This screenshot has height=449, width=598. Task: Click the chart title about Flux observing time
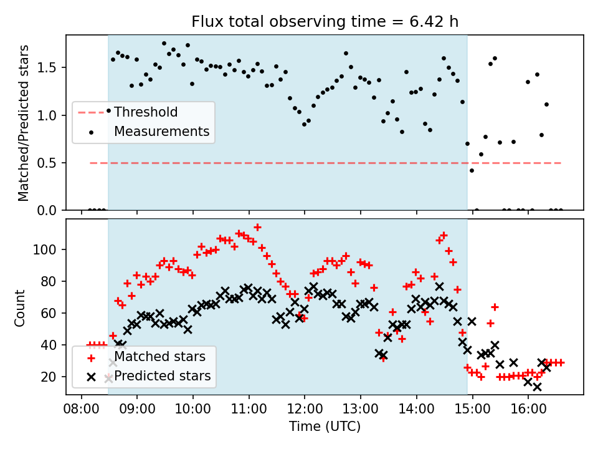(325, 22)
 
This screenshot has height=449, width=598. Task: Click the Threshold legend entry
(145, 112)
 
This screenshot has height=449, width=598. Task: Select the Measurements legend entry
(161, 132)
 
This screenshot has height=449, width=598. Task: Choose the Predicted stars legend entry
(162, 376)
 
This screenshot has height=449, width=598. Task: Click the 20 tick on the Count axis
(53, 377)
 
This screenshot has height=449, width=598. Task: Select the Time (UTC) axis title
(325, 427)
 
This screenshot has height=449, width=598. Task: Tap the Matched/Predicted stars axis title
(24, 123)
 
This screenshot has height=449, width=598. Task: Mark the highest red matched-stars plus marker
(257, 227)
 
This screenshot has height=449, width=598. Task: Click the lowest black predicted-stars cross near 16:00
(537, 387)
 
